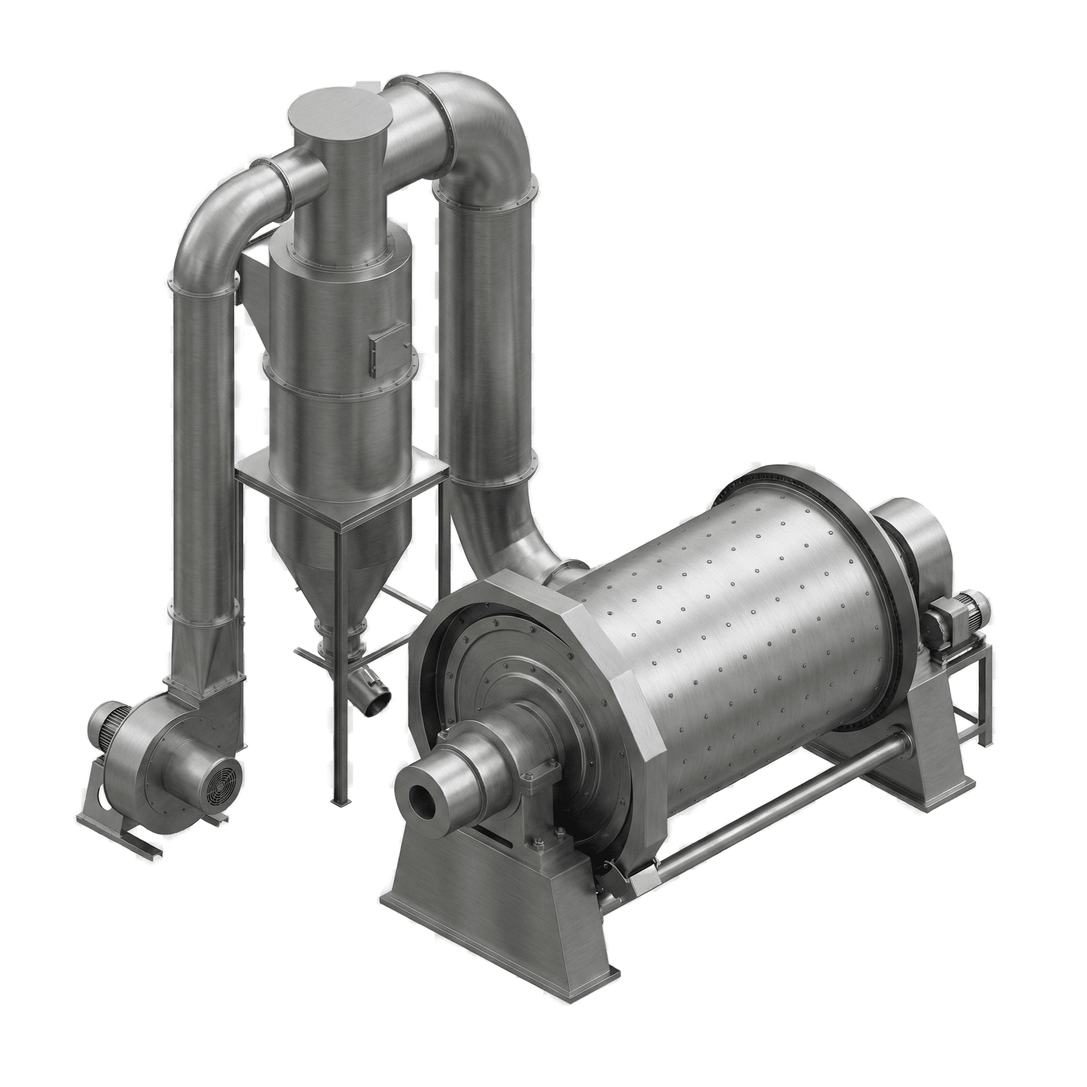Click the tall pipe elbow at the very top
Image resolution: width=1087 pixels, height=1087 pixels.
[484, 124]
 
